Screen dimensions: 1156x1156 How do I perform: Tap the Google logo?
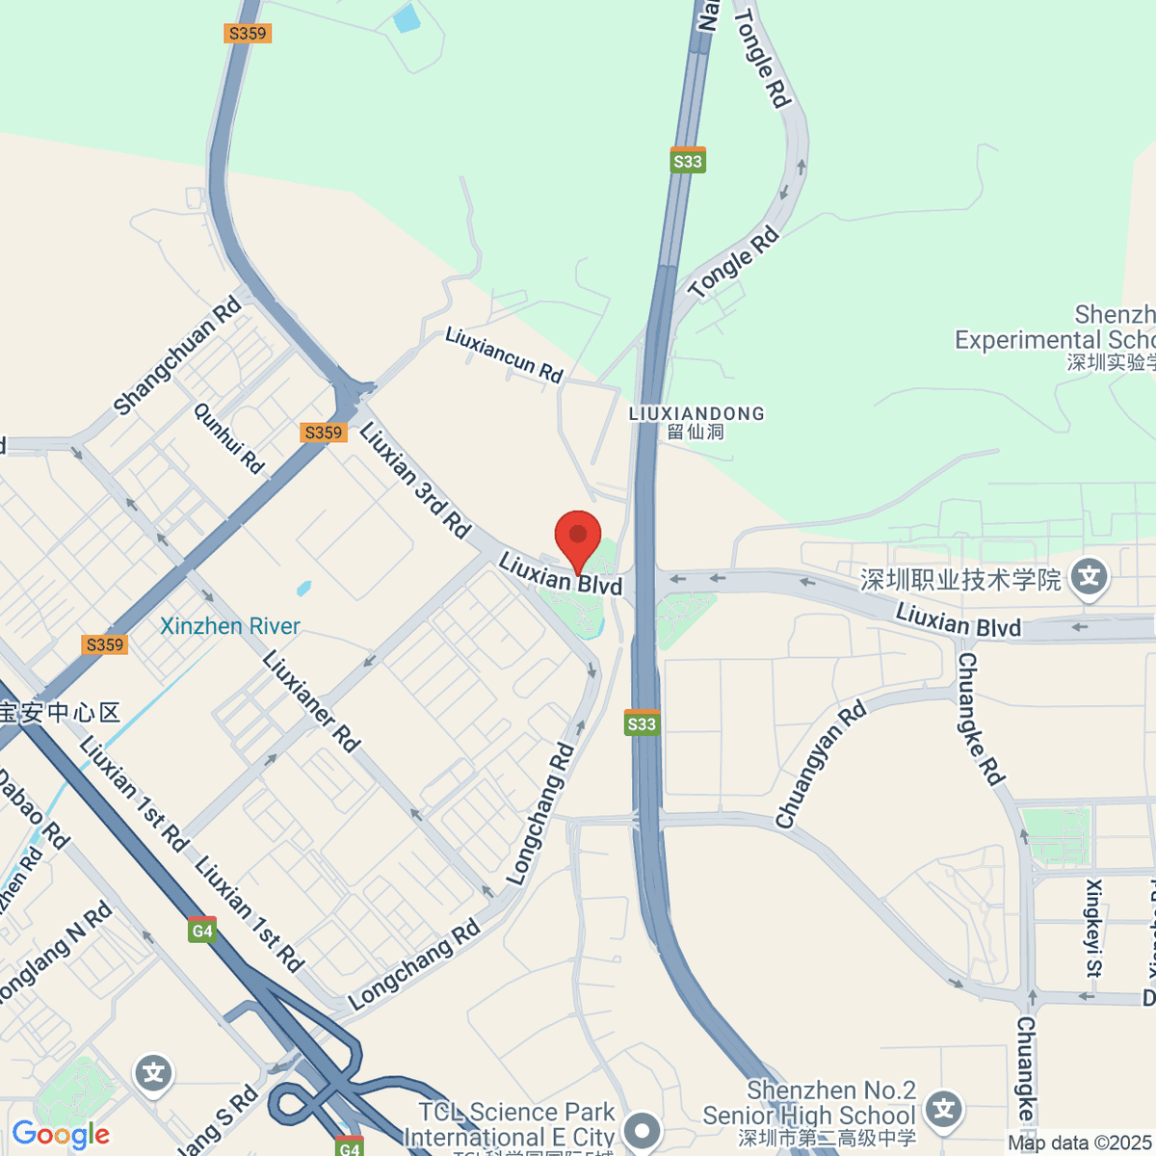[61, 1134]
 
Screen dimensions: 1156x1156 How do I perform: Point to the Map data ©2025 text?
[1079, 1143]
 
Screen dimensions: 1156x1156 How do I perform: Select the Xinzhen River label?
[230, 626]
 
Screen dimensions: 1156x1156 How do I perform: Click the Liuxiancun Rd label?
[504, 355]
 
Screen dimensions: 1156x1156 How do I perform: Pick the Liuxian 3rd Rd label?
[415, 480]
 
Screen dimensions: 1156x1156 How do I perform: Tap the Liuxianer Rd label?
[311, 701]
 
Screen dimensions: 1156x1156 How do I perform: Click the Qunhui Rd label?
[229, 437]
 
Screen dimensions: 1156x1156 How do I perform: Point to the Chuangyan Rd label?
[821, 766]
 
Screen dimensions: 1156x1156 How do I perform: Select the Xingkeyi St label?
[1093, 928]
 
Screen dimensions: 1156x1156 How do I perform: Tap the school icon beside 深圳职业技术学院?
[1090, 578]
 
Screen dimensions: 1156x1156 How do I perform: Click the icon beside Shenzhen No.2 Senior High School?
[944, 1110]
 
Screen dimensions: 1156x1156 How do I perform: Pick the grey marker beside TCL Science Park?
[642, 1130]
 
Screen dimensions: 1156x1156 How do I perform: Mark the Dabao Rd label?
[33, 809]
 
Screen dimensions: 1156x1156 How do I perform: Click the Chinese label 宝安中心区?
[60, 713]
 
